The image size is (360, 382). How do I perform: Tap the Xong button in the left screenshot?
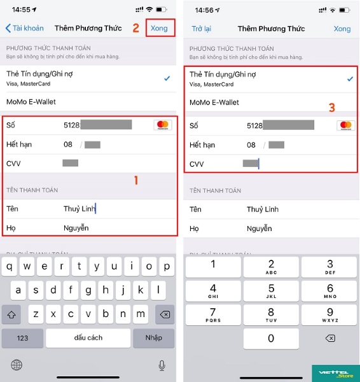pyautogui.click(x=159, y=28)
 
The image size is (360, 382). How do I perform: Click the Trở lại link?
pyautogui.click(x=201, y=29)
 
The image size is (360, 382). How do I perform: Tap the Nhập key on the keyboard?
pyautogui.click(x=154, y=337)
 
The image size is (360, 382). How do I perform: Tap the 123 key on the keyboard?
pyautogui.click(x=22, y=337)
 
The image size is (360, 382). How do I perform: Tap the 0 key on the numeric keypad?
pyautogui.click(x=271, y=338)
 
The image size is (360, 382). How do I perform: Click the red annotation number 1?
pyautogui.click(x=135, y=180)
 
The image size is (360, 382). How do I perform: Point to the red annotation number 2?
pyautogui.click(x=135, y=28)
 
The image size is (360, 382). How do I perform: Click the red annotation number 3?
pyautogui.click(x=331, y=108)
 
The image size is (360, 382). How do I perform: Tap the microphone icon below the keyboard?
pyautogui.click(x=162, y=365)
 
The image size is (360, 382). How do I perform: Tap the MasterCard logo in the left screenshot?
pyautogui.click(x=162, y=125)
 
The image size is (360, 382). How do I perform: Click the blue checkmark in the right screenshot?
pyautogui.click(x=349, y=78)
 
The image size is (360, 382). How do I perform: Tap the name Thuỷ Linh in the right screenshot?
pyautogui.click(x=263, y=209)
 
